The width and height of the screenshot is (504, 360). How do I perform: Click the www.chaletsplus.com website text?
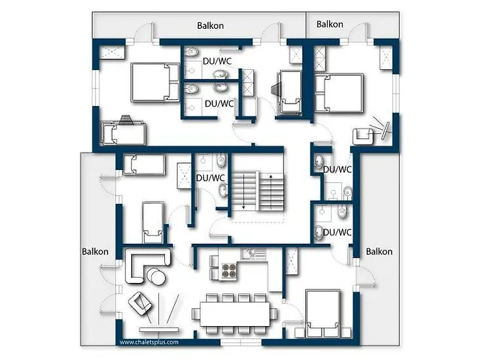tap(149, 342)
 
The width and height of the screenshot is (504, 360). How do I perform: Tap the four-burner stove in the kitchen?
tap(228, 270)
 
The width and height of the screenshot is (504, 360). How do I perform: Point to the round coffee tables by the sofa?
tap(156, 276)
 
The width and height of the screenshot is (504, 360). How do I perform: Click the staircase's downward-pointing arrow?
tap(243, 192)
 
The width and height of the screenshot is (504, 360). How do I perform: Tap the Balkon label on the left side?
tap(95, 251)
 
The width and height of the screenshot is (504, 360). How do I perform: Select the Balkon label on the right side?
tap(379, 251)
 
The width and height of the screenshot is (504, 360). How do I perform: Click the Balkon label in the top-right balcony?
tap(330, 24)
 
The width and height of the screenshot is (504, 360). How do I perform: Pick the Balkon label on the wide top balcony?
tap(210, 26)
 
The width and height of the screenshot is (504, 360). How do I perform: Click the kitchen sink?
tap(254, 253)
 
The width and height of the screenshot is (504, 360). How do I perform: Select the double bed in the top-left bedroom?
tap(155, 83)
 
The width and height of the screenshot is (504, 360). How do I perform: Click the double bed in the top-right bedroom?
tap(339, 93)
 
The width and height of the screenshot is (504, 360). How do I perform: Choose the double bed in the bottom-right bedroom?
tap(323, 314)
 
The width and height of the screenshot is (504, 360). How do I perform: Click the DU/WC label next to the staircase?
tap(210, 178)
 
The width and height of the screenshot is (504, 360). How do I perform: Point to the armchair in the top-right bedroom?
tap(363, 136)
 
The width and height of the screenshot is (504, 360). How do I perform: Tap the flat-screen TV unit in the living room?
tap(159, 330)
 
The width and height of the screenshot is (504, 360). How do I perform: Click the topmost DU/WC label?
tap(217, 61)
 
